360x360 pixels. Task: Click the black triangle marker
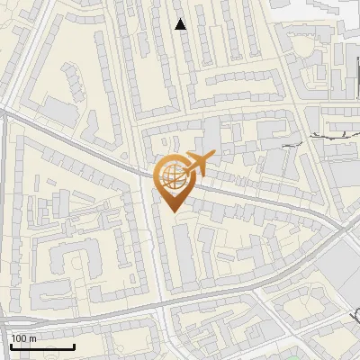181,25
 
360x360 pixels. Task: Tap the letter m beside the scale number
32,338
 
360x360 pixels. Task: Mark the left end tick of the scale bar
9,346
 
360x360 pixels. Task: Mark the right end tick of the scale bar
74,346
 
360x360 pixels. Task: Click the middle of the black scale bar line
41,347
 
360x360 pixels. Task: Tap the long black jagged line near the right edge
334,134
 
